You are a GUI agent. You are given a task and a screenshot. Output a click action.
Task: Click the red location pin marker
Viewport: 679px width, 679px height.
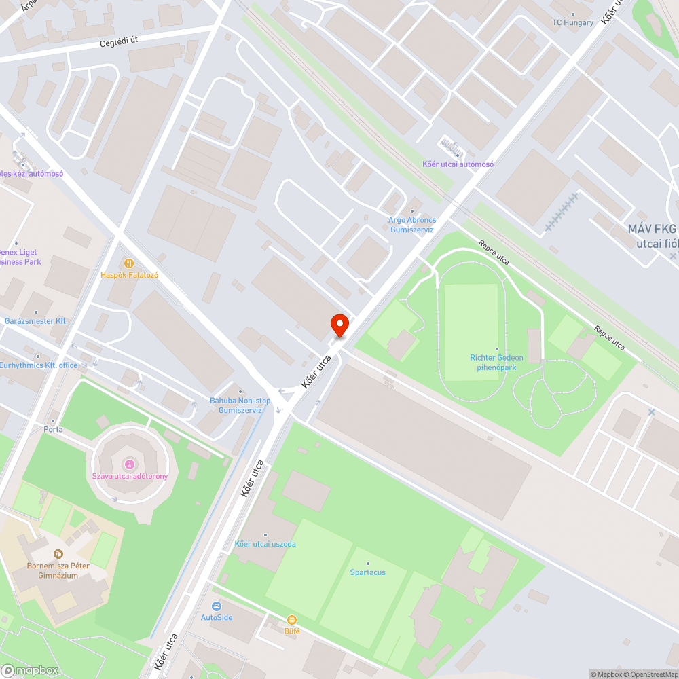(x=339, y=325)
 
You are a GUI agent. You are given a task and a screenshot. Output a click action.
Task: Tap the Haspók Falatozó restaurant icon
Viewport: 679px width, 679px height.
(x=128, y=263)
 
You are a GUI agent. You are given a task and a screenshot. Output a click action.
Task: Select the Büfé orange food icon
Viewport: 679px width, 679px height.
(x=292, y=620)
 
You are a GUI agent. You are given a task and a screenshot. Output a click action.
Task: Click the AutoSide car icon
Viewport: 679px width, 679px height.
(x=217, y=606)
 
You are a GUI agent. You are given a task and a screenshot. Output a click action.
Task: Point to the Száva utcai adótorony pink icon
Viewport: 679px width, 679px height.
(x=129, y=464)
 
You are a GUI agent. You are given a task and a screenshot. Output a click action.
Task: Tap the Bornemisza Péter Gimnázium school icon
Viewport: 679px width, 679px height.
(x=58, y=554)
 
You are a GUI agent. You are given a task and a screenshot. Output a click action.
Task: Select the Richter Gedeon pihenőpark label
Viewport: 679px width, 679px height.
(x=497, y=362)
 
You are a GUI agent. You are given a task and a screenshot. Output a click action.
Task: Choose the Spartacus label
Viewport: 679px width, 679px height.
(x=367, y=572)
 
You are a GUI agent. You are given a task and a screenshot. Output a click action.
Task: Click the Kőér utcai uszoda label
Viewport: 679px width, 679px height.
(x=265, y=544)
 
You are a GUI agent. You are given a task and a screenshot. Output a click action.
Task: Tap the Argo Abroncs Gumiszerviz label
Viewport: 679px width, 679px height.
(x=412, y=225)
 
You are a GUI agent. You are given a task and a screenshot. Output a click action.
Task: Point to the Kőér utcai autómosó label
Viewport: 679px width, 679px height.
(x=458, y=164)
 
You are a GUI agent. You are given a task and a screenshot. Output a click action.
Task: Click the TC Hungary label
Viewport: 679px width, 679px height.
(x=572, y=22)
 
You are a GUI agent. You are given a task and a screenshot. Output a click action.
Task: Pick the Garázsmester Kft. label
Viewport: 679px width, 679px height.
(x=36, y=320)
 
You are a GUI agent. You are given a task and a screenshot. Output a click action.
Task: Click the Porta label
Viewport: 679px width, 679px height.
(x=53, y=429)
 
